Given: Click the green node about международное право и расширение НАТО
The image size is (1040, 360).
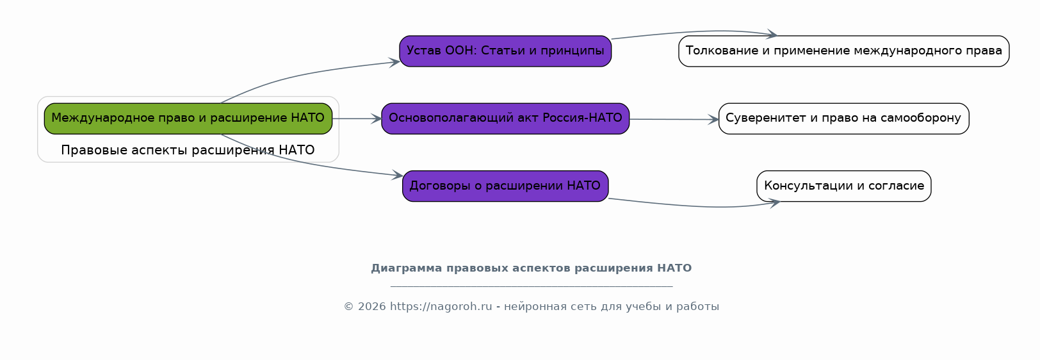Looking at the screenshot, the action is [188, 119].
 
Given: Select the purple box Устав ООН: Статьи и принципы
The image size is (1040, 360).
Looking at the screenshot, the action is [505, 51].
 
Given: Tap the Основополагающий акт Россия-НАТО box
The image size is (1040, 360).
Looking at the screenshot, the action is [505, 119].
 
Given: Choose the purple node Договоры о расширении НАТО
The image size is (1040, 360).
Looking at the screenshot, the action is [505, 186].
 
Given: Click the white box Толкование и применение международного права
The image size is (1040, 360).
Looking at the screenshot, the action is [843, 51].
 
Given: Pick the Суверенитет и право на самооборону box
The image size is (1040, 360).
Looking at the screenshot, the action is [843, 119].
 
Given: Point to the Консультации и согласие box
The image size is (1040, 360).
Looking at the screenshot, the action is [843, 186].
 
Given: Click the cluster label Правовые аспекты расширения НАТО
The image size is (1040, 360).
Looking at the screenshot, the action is [188, 150].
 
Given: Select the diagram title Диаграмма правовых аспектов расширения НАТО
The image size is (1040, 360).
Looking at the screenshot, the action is [531, 268].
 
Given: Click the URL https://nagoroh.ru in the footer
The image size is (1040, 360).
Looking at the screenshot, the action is [441, 307].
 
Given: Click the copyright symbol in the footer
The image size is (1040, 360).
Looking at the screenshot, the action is [348, 307].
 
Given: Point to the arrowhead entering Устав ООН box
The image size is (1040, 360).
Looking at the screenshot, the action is [394, 62].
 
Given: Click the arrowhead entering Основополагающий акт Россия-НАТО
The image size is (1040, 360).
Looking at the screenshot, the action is [376, 119].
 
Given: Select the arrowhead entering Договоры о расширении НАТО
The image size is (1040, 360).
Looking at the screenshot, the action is [398, 175].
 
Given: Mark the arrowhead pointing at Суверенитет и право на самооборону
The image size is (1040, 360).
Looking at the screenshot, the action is [713, 119].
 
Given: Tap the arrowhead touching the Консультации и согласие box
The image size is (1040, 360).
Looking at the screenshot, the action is [775, 203].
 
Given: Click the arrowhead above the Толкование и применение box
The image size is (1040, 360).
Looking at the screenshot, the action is [772, 34].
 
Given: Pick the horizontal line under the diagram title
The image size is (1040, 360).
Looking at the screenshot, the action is [531, 286].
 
